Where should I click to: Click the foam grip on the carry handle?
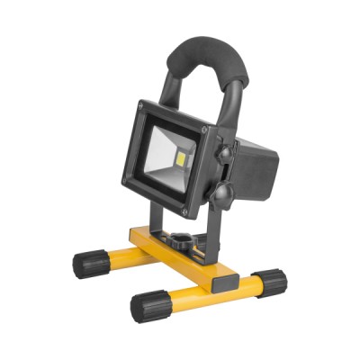[x=203, y=57]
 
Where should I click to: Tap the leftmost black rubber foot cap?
[x=88, y=265]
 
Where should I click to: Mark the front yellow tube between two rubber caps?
[x=207, y=294]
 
